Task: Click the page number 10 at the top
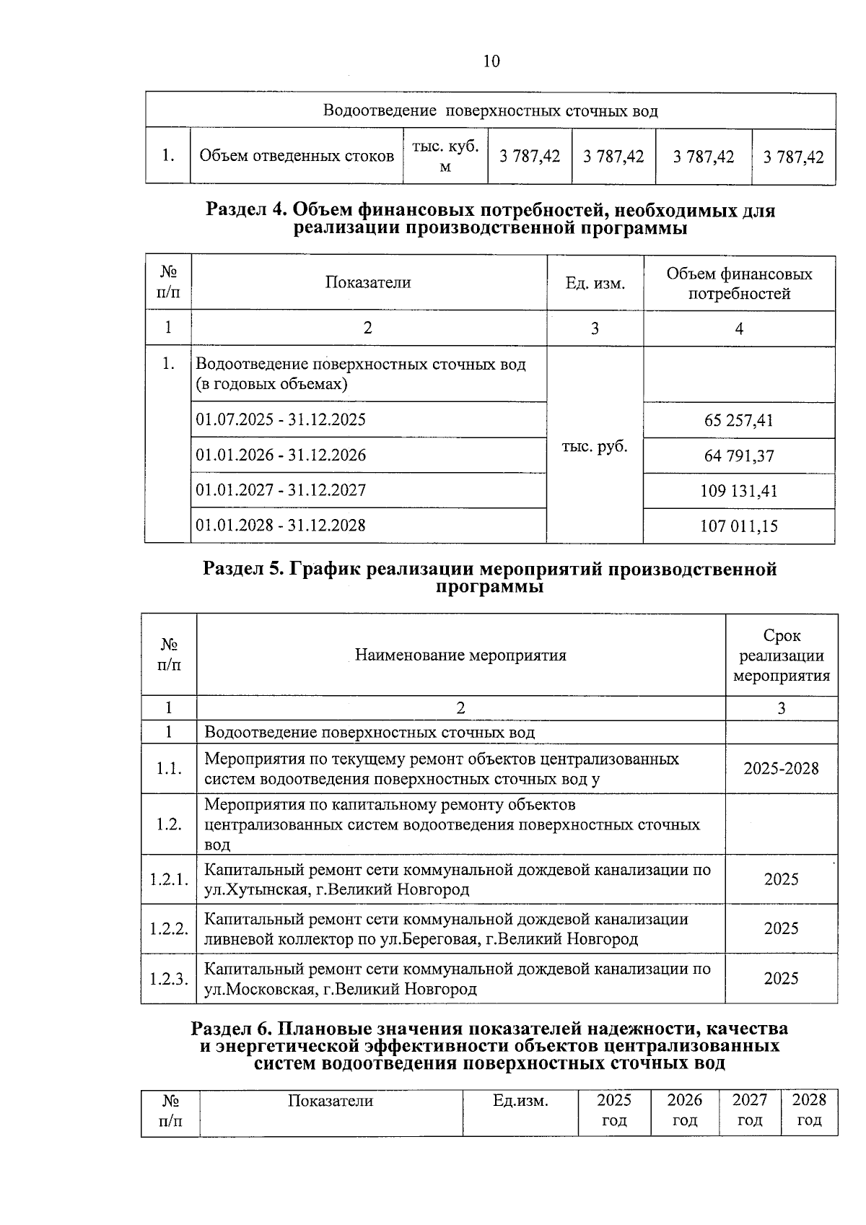(x=490, y=61)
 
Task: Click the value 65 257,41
(x=739, y=420)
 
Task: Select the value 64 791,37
(x=739, y=456)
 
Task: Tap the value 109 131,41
(x=739, y=491)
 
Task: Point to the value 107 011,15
(x=739, y=526)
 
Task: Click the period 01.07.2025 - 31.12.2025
(x=281, y=419)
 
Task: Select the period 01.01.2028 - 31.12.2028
(x=281, y=525)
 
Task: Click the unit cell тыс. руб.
(x=595, y=446)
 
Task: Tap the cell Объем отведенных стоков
(x=297, y=156)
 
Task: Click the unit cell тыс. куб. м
(x=445, y=156)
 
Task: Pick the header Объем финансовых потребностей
(x=739, y=284)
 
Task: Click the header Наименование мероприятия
(x=460, y=655)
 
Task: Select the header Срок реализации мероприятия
(x=782, y=655)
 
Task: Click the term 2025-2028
(x=782, y=768)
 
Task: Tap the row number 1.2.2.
(x=169, y=929)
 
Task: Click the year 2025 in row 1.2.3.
(x=782, y=979)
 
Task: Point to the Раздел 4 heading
(x=490, y=219)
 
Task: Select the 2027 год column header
(x=750, y=1110)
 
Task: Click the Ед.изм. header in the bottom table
(x=520, y=1101)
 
